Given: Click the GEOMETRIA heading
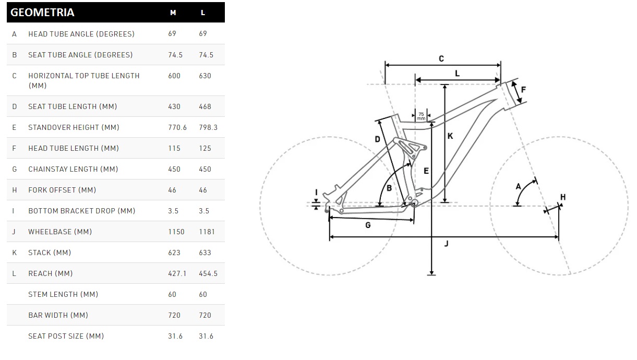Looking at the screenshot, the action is tap(42, 13).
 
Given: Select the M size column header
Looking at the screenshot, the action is tap(173, 13).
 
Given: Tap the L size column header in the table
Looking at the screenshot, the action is tap(203, 13).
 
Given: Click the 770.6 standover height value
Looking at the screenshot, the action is tap(177, 127).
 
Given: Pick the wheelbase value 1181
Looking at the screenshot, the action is tap(207, 232).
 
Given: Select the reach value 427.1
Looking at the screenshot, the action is tap(177, 273).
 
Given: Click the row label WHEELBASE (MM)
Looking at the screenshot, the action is tap(60, 232).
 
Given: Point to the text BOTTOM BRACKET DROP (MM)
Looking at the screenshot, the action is tap(81, 211).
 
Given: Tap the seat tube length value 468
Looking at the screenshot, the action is tap(205, 106).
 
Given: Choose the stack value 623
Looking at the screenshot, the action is tap(174, 253).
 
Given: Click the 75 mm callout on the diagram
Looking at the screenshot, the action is tap(421, 116).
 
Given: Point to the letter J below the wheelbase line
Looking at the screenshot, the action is tap(447, 244).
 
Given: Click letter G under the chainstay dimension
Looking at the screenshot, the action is tap(368, 225).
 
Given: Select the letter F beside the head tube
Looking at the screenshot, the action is tap(523, 90).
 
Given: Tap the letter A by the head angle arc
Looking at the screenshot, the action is tap(518, 187).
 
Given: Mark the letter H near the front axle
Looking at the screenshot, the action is tap(563, 197).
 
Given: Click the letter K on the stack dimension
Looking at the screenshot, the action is tap(450, 136).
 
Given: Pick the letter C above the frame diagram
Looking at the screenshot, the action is tap(441, 59).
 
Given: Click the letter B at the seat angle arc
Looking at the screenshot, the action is tap(389, 188).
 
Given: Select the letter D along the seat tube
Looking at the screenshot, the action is tap(377, 139).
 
